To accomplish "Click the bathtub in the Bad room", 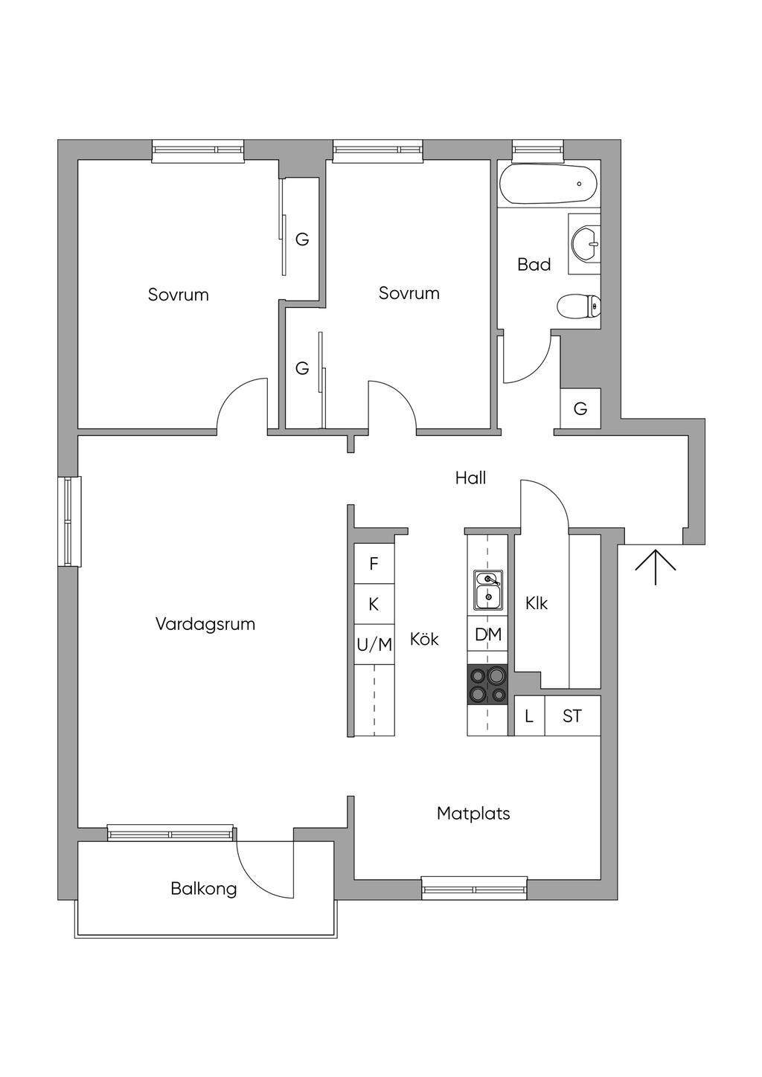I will (548, 184).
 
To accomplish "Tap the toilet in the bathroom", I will (578, 306).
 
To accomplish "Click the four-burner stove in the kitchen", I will (487, 684).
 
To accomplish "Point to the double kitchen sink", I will (488, 589).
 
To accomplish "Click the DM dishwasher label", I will (488, 634).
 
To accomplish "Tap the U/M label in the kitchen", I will (374, 645).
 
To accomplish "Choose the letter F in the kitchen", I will (374, 564).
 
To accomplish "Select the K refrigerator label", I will (374, 604).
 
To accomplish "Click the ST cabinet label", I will (572, 716).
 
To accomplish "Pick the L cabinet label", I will (529, 716).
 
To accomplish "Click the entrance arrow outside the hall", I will (656, 566).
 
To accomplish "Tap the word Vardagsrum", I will (205, 624).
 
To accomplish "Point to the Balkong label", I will (204, 888).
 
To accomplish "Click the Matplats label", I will (473, 814).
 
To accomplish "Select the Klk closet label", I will (536, 603).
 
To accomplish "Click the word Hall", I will (470, 478).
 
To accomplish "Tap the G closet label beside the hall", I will (580, 408).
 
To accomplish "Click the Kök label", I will (424, 639).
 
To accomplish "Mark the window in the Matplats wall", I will (474, 887).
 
